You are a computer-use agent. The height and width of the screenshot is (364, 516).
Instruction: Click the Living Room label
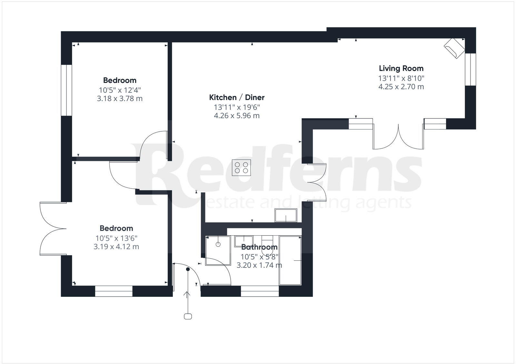pyautogui.click(x=401, y=68)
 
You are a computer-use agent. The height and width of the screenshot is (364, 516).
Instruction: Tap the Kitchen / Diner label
pyautogui.click(x=237, y=97)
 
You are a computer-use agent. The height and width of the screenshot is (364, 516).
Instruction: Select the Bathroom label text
pyautogui.click(x=259, y=247)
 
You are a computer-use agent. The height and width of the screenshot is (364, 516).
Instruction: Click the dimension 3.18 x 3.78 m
pyautogui.click(x=120, y=98)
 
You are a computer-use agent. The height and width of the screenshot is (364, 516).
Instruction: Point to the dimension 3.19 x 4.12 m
pyautogui.click(x=116, y=247)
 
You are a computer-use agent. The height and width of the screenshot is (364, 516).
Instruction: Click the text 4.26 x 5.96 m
pyautogui.click(x=237, y=116)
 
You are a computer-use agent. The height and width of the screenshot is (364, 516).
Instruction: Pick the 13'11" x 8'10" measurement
pyautogui.click(x=401, y=78)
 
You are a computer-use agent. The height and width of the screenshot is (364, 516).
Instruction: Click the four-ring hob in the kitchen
pyautogui.click(x=241, y=167)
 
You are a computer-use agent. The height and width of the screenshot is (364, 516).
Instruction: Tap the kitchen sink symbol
pyautogui.click(x=286, y=215)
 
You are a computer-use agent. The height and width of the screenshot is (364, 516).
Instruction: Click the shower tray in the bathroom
pyautogui.click(x=218, y=250)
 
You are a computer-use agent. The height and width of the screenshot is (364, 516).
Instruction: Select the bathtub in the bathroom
pyautogui.click(x=290, y=260)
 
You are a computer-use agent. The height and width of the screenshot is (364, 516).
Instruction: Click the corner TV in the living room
pyautogui.click(x=455, y=48)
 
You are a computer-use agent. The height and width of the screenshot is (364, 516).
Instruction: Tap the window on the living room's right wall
pyautogui.click(x=471, y=69)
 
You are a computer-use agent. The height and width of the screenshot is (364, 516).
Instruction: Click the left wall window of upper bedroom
pyautogui.click(x=66, y=90)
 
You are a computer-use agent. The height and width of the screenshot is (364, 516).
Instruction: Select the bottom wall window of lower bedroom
pyautogui.click(x=114, y=291)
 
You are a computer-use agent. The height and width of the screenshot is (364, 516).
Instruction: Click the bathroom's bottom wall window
pyautogui.click(x=260, y=291)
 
